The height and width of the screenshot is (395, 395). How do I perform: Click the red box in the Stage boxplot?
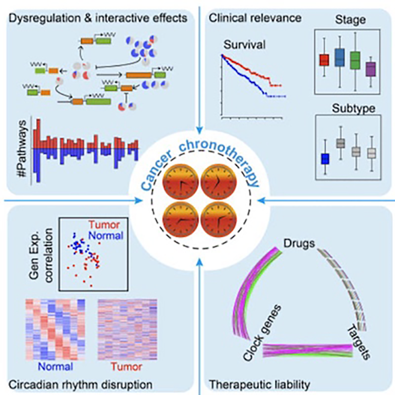pyautogui.click(x=324, y=60)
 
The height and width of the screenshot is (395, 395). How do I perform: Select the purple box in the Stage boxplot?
pyautogui.click(x=371, y=69)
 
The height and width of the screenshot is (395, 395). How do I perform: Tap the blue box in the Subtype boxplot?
pyautogui.click(x=324, y=159)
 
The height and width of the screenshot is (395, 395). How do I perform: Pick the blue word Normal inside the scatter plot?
pyautogui.click(x=105, y=237)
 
